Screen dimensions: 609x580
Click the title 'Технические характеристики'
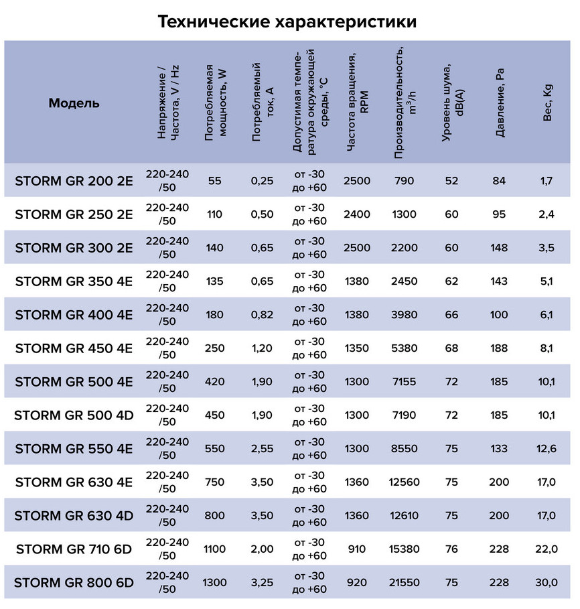click(288, 21)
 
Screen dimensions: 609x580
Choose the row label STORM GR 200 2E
click(74, 181)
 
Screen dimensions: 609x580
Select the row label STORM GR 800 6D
click(74, 583)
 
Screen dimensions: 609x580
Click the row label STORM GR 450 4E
click(74, 348)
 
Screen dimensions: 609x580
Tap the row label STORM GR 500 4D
click(74, 415)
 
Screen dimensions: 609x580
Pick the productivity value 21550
click(405, 583)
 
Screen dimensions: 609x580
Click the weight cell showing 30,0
click(547, 583)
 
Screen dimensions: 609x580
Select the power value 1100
click(215, 549)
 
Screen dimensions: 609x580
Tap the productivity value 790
click(405, 181)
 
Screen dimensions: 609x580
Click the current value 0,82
click(263, 315)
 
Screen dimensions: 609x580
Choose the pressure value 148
click(499, 248)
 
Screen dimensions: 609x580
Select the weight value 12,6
click(547, 449)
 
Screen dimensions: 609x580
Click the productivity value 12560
click(405, 482)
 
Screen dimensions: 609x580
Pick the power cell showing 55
click(215, 181)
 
